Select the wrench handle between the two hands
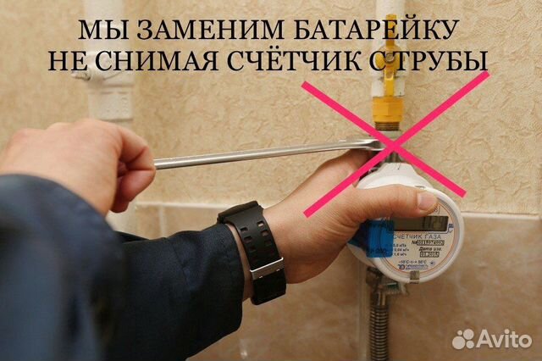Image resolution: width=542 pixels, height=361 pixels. pyautogui.click(x=254, y=154)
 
